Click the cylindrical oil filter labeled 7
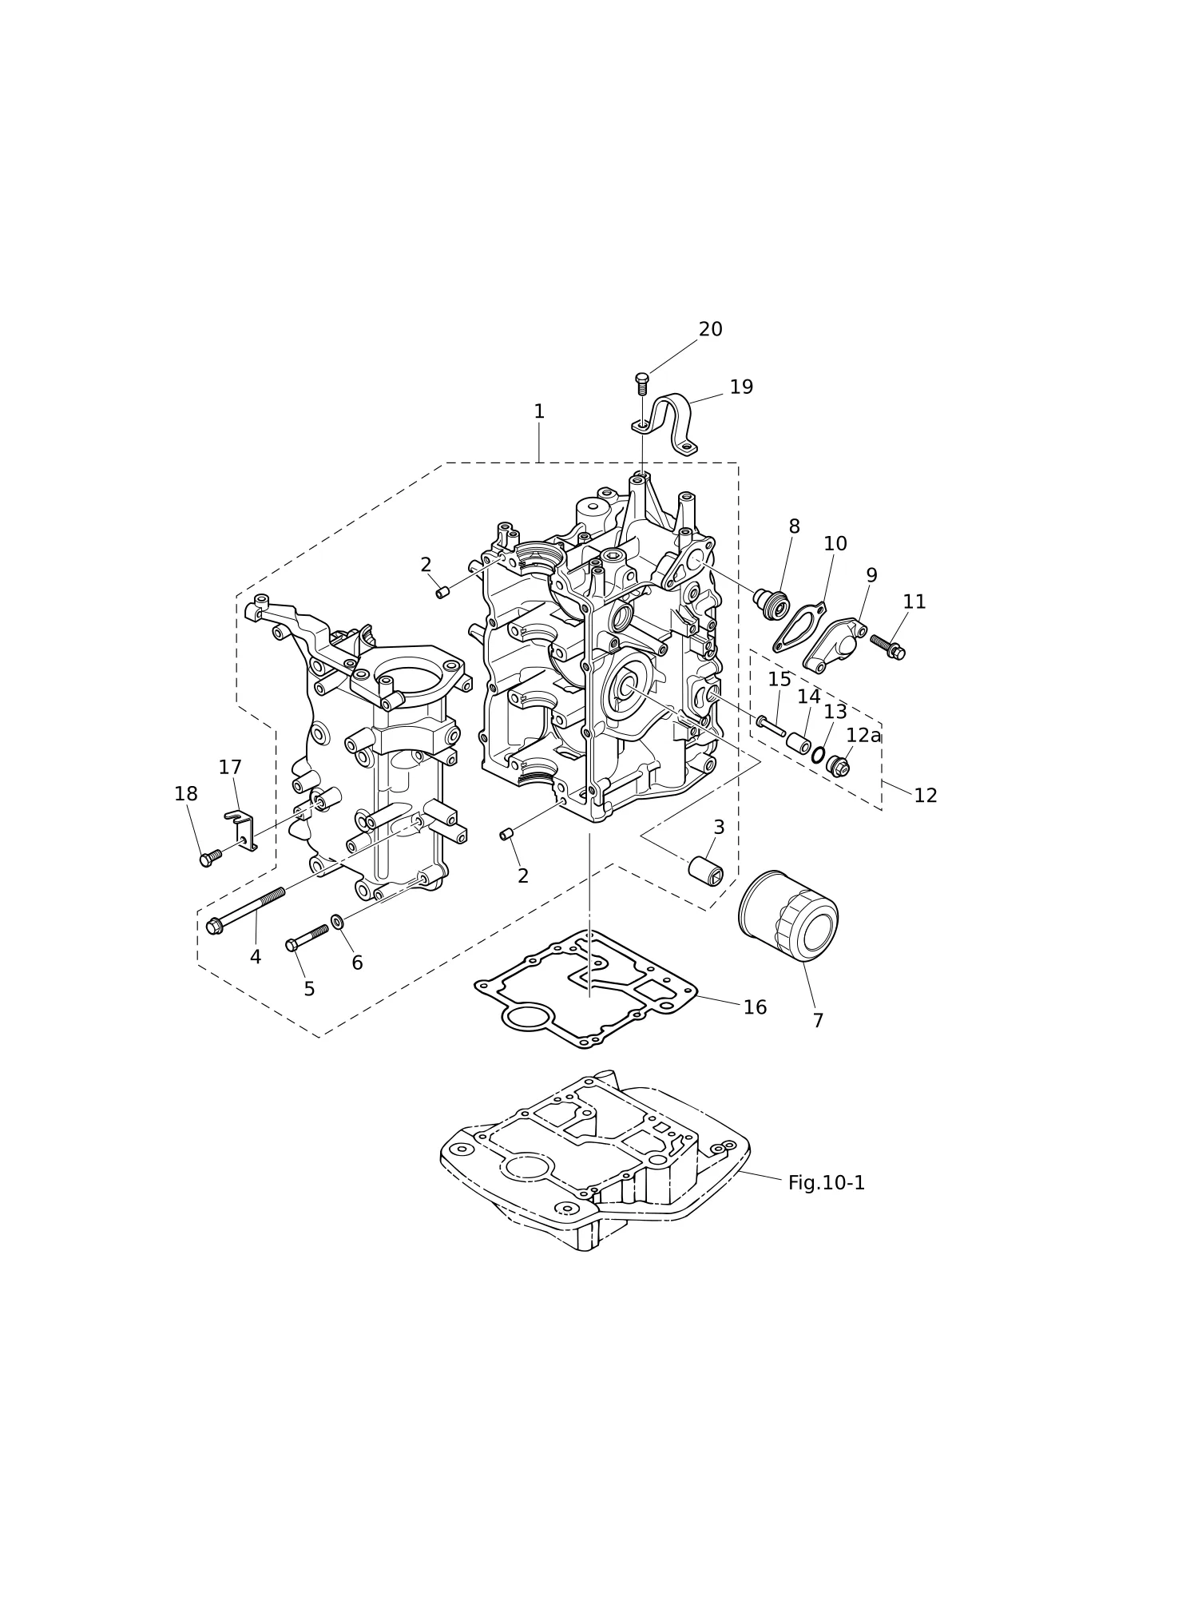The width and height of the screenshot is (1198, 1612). [x=787, y=915]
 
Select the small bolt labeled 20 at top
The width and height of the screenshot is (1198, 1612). [x=642, y=384]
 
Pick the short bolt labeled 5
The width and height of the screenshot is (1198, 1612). [x=307, y=938]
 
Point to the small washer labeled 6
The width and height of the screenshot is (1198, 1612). [x=337, y=922]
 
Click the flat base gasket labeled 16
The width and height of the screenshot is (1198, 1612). [x=585, y=989]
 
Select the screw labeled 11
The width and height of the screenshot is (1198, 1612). [x=887, y=646]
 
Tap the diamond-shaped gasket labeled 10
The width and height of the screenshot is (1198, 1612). [x=799, y=628]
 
